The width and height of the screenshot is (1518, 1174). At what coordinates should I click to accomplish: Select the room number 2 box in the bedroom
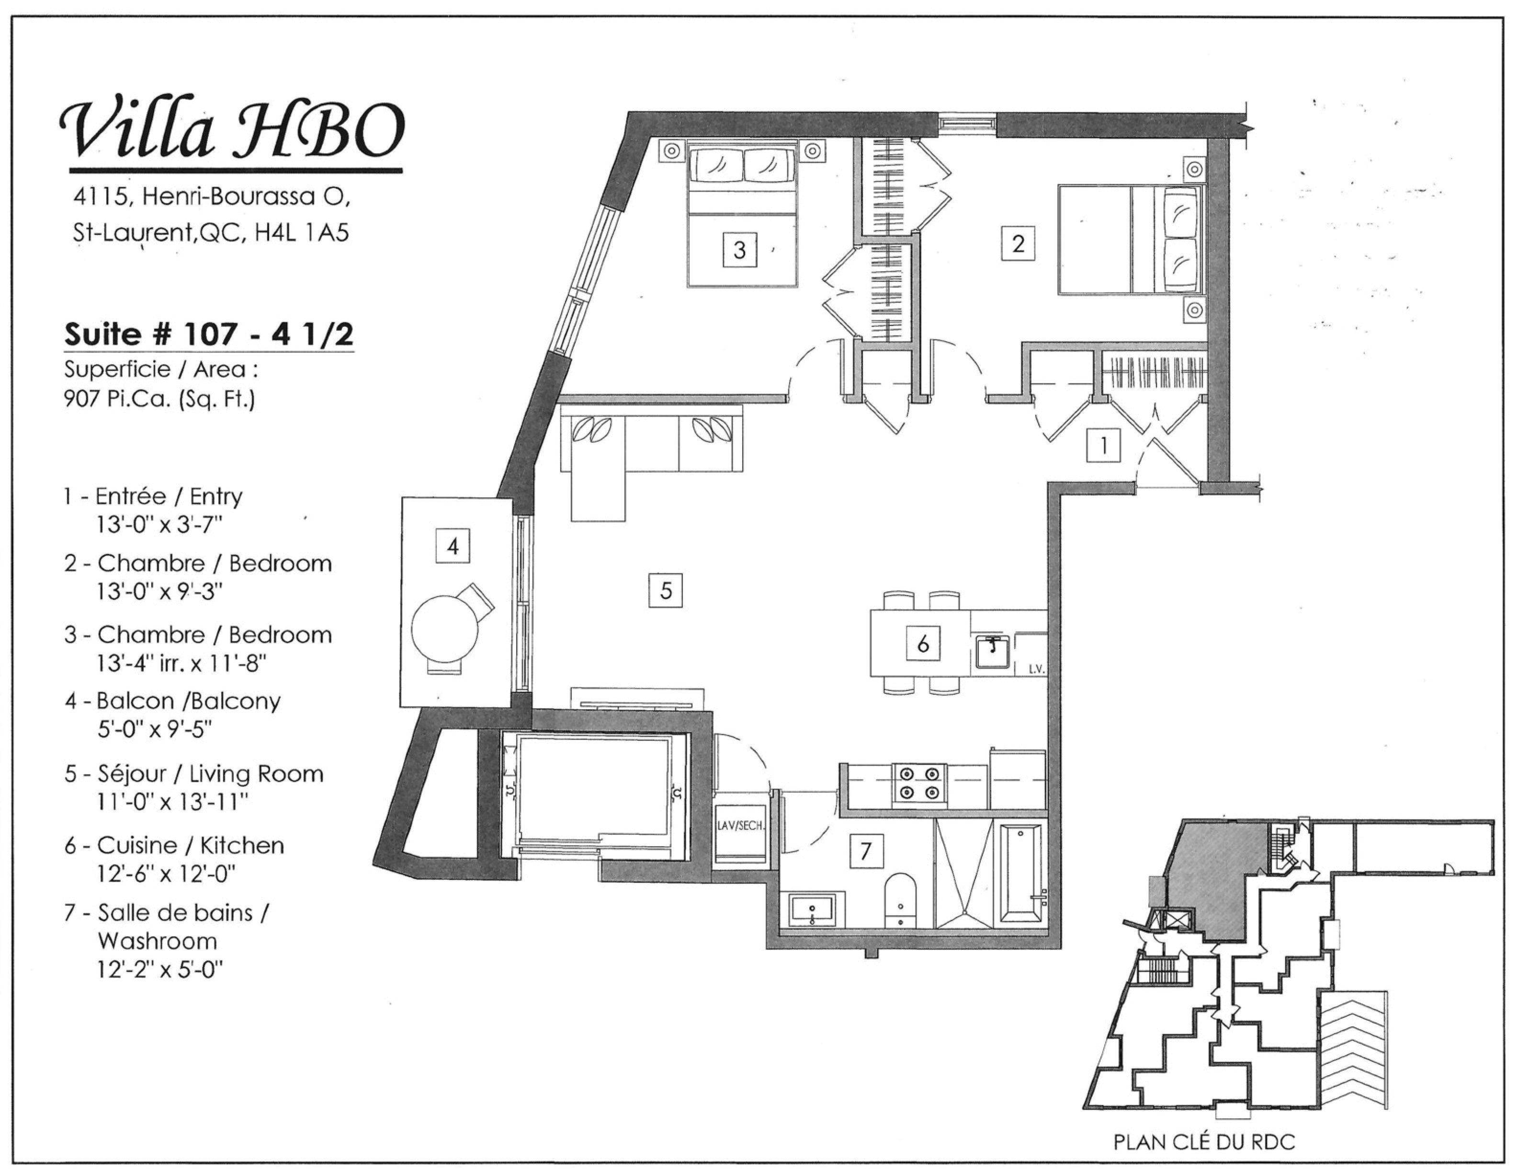pos(1018,243)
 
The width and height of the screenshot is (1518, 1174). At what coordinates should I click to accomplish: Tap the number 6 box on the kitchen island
pos(923,644)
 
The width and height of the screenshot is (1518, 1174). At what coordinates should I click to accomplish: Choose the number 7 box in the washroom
pos(865,851)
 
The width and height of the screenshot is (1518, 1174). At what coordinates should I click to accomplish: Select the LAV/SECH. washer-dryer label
pos(741,827)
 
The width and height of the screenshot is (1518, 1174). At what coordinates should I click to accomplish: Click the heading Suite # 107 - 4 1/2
pos(208,334)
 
